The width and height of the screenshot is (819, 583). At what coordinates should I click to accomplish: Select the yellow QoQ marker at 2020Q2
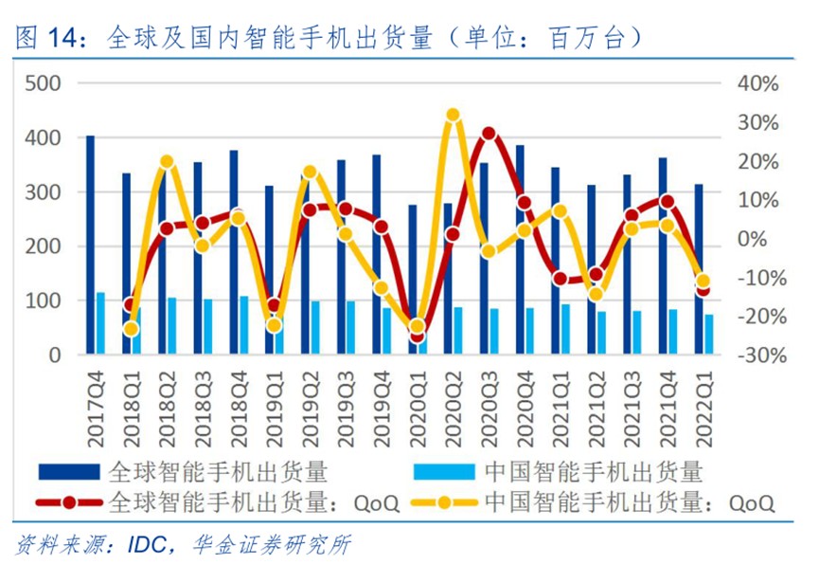[453, 115]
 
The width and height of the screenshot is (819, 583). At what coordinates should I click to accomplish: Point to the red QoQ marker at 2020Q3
[489, 134]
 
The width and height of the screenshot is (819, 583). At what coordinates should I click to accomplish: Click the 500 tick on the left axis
[43, 83]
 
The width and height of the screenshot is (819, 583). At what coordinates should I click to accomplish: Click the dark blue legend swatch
[68, 471]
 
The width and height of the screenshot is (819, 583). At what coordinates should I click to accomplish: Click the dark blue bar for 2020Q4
[520, 250]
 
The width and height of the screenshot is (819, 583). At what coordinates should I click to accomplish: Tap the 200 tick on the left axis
[43, 246]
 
